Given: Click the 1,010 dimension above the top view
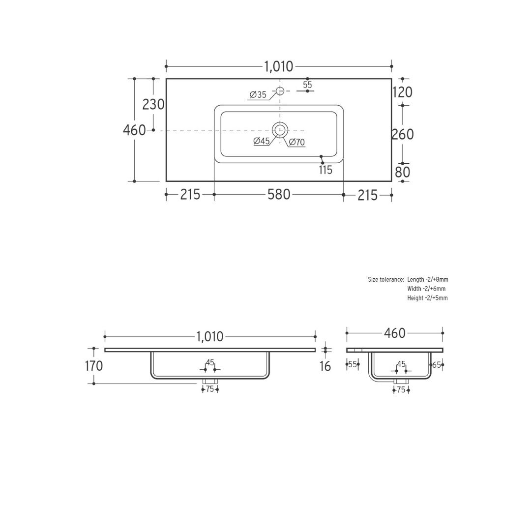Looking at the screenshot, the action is tap(278, 67).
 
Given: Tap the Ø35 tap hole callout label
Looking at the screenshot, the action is tap(258, 95).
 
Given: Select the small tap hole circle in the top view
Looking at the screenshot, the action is tap(280, 91).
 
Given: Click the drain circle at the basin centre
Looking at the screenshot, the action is tap(280, 130).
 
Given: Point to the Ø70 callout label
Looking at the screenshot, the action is tap(297, 142).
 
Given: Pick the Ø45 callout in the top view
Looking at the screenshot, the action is tap(262, 141).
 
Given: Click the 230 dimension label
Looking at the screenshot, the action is tap(153, 105).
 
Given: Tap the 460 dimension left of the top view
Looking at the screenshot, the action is tap(134, 130).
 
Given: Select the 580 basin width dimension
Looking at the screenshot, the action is tap(279, 195).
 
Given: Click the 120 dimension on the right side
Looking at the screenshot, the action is tap(402, 92).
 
